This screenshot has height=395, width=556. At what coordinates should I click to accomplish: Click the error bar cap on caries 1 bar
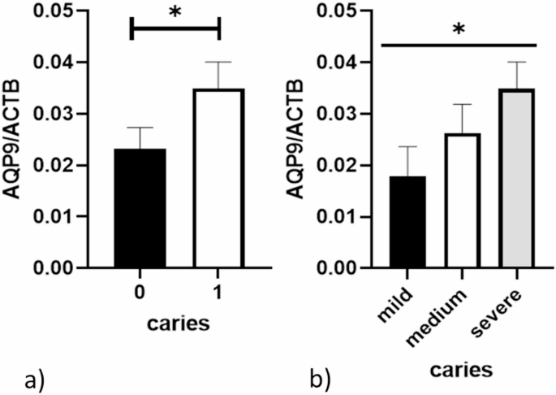pos(219,62)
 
